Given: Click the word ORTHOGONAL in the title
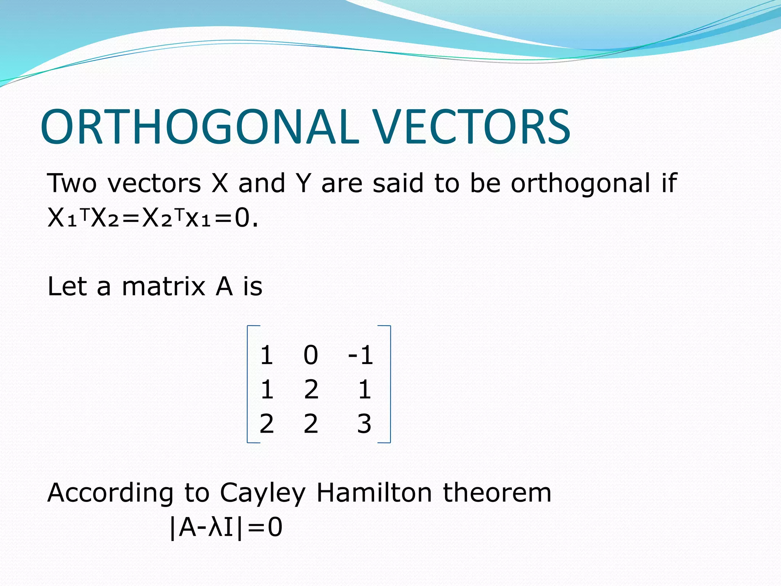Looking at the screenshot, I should [x=200, y=127].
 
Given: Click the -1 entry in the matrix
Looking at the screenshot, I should [x=360, y=355].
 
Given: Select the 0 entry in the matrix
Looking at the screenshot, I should [x=310, y=355].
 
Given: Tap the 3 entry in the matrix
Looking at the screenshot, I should [x=364, y=424].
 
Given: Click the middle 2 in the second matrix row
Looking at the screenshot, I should [x=311, y=390].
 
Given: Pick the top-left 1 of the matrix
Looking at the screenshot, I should [x=266, y=355].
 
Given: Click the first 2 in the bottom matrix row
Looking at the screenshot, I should [x=267, y=424].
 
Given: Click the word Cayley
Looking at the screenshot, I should [x=262, y=493].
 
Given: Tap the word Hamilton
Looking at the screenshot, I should [x=374, y=493].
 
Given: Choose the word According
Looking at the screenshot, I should [x=110, y=493].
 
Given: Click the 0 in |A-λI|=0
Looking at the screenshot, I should [x=275, y=528].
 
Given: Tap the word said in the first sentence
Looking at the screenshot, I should [x=398, y=183].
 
